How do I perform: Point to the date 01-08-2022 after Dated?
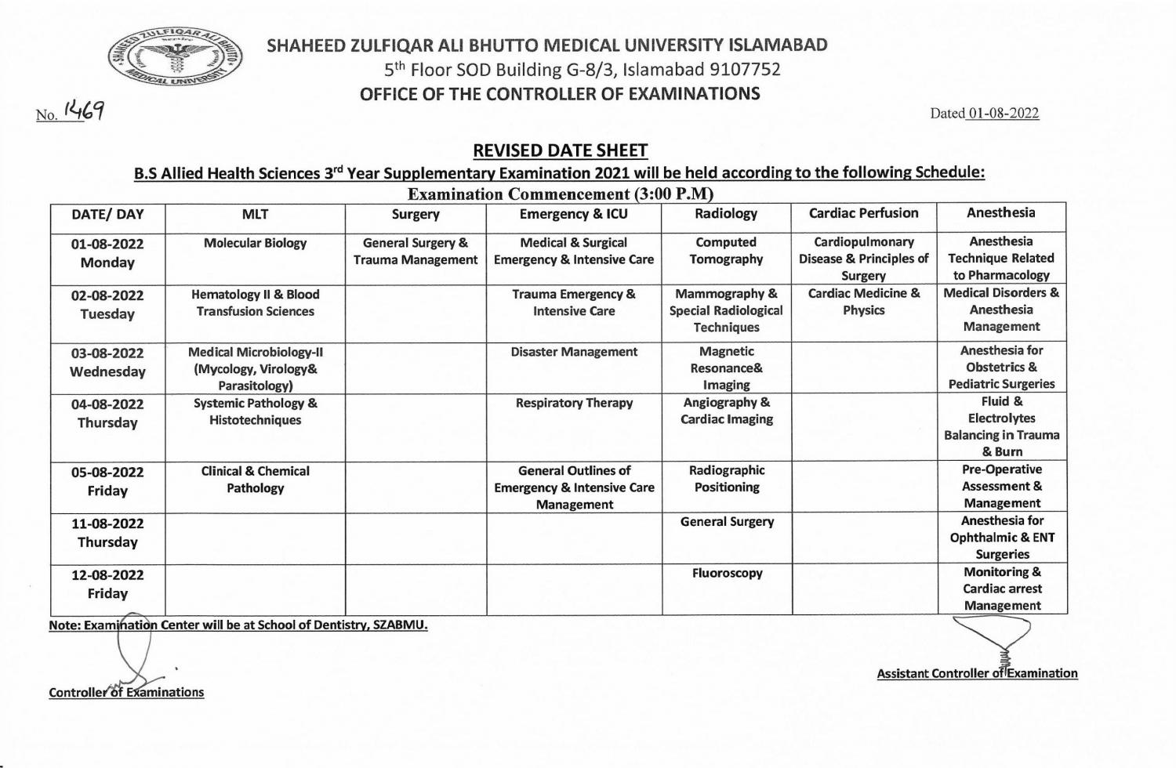pos(1003,114)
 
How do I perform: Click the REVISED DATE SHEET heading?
pos(561,150)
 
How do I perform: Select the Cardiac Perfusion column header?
pos(863,213)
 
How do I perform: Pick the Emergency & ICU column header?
pos(573,214)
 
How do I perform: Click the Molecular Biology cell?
pos(255,244)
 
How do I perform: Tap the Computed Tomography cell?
pos(726,251)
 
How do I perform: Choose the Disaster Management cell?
pos(574,352)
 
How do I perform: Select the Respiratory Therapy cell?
pos(574,403)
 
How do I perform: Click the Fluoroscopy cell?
pos(727,573)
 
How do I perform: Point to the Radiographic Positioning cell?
pos(727,479)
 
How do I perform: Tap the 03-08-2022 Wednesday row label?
pos(107,362)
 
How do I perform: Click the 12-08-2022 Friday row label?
pos(107,584)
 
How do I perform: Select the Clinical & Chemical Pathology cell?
pos(255,480)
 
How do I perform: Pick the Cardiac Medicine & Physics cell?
pos(863,302)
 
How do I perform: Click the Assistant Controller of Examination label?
pos(977,673)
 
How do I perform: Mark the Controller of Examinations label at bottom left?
pos(126,692)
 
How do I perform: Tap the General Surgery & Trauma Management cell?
pos(416,252)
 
